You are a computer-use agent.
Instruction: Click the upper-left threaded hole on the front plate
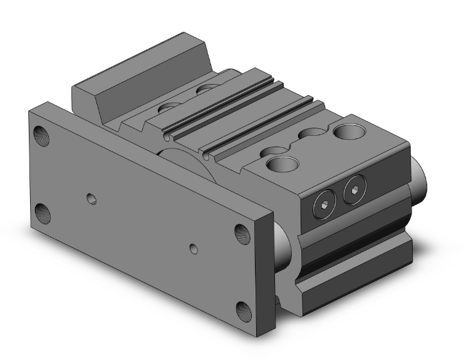click(x=41, y=134)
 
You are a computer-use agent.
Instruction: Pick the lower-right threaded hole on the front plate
click(x=243, y=309)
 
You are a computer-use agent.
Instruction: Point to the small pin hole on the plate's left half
click(x=92, y=199)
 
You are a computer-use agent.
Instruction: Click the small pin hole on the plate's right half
click(x=194, y=249)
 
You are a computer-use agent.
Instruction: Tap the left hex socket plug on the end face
click(x=323, y=204)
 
